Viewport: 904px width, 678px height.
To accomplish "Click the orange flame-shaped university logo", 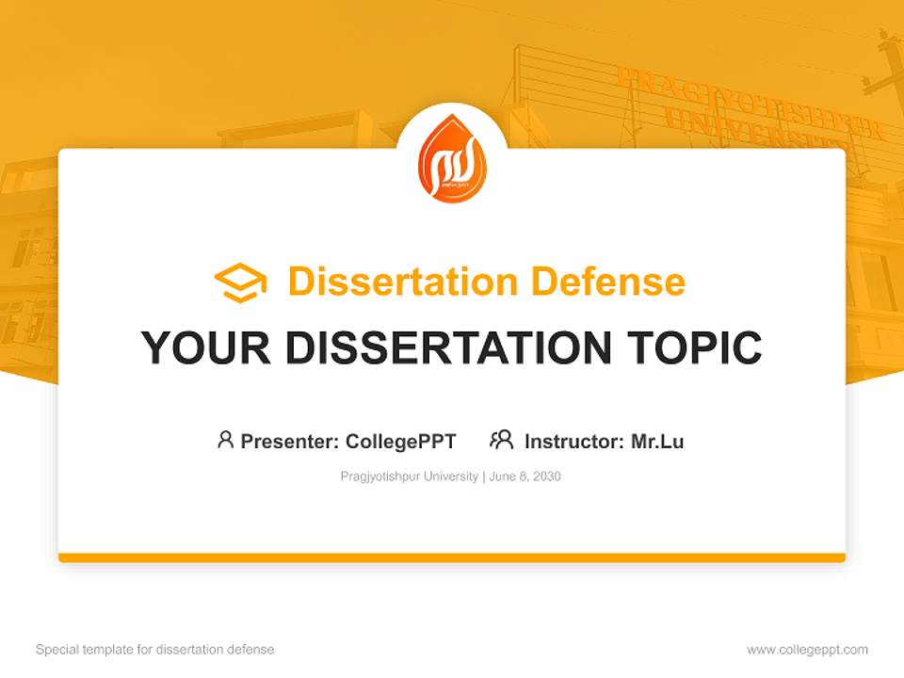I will tap(451, 159).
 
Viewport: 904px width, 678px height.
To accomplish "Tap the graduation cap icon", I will tap(240, 282).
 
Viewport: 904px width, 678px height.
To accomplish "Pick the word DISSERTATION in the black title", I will tap(447, 348).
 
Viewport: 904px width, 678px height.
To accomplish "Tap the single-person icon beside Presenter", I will tap(225, 440).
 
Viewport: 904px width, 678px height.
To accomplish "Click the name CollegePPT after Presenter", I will tap(401, 442).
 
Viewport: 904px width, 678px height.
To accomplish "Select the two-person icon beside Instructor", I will tap(502, 440).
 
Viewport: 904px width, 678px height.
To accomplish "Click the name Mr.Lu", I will tap(657, 442).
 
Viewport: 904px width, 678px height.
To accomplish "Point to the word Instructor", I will tap(573, 442).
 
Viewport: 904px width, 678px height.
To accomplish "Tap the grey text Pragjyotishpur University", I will tap(410, 476).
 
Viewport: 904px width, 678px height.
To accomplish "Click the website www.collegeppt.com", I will tap(807, 650).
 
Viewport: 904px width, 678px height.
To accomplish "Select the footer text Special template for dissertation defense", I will tap(155, 650).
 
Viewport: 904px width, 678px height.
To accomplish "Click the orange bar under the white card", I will tap(452, 557).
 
